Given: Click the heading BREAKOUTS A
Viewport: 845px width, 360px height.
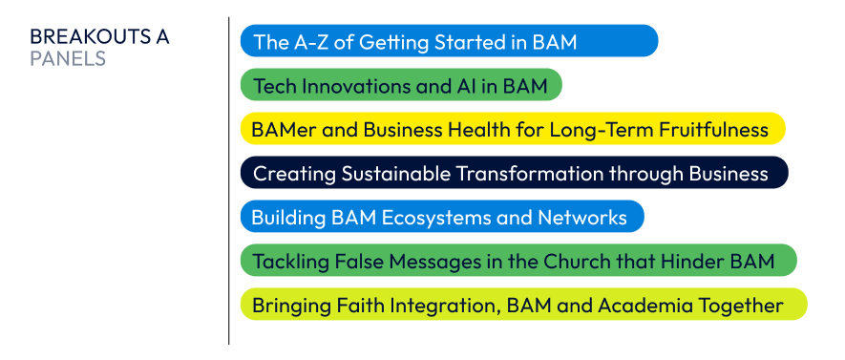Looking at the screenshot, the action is (x=99, y=37).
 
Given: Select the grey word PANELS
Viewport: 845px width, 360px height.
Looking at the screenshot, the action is (x=68, y=59).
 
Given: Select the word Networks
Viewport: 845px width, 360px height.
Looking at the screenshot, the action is (x=582, y=218).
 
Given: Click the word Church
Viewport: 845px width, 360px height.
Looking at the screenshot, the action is (x=576, y=262).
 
